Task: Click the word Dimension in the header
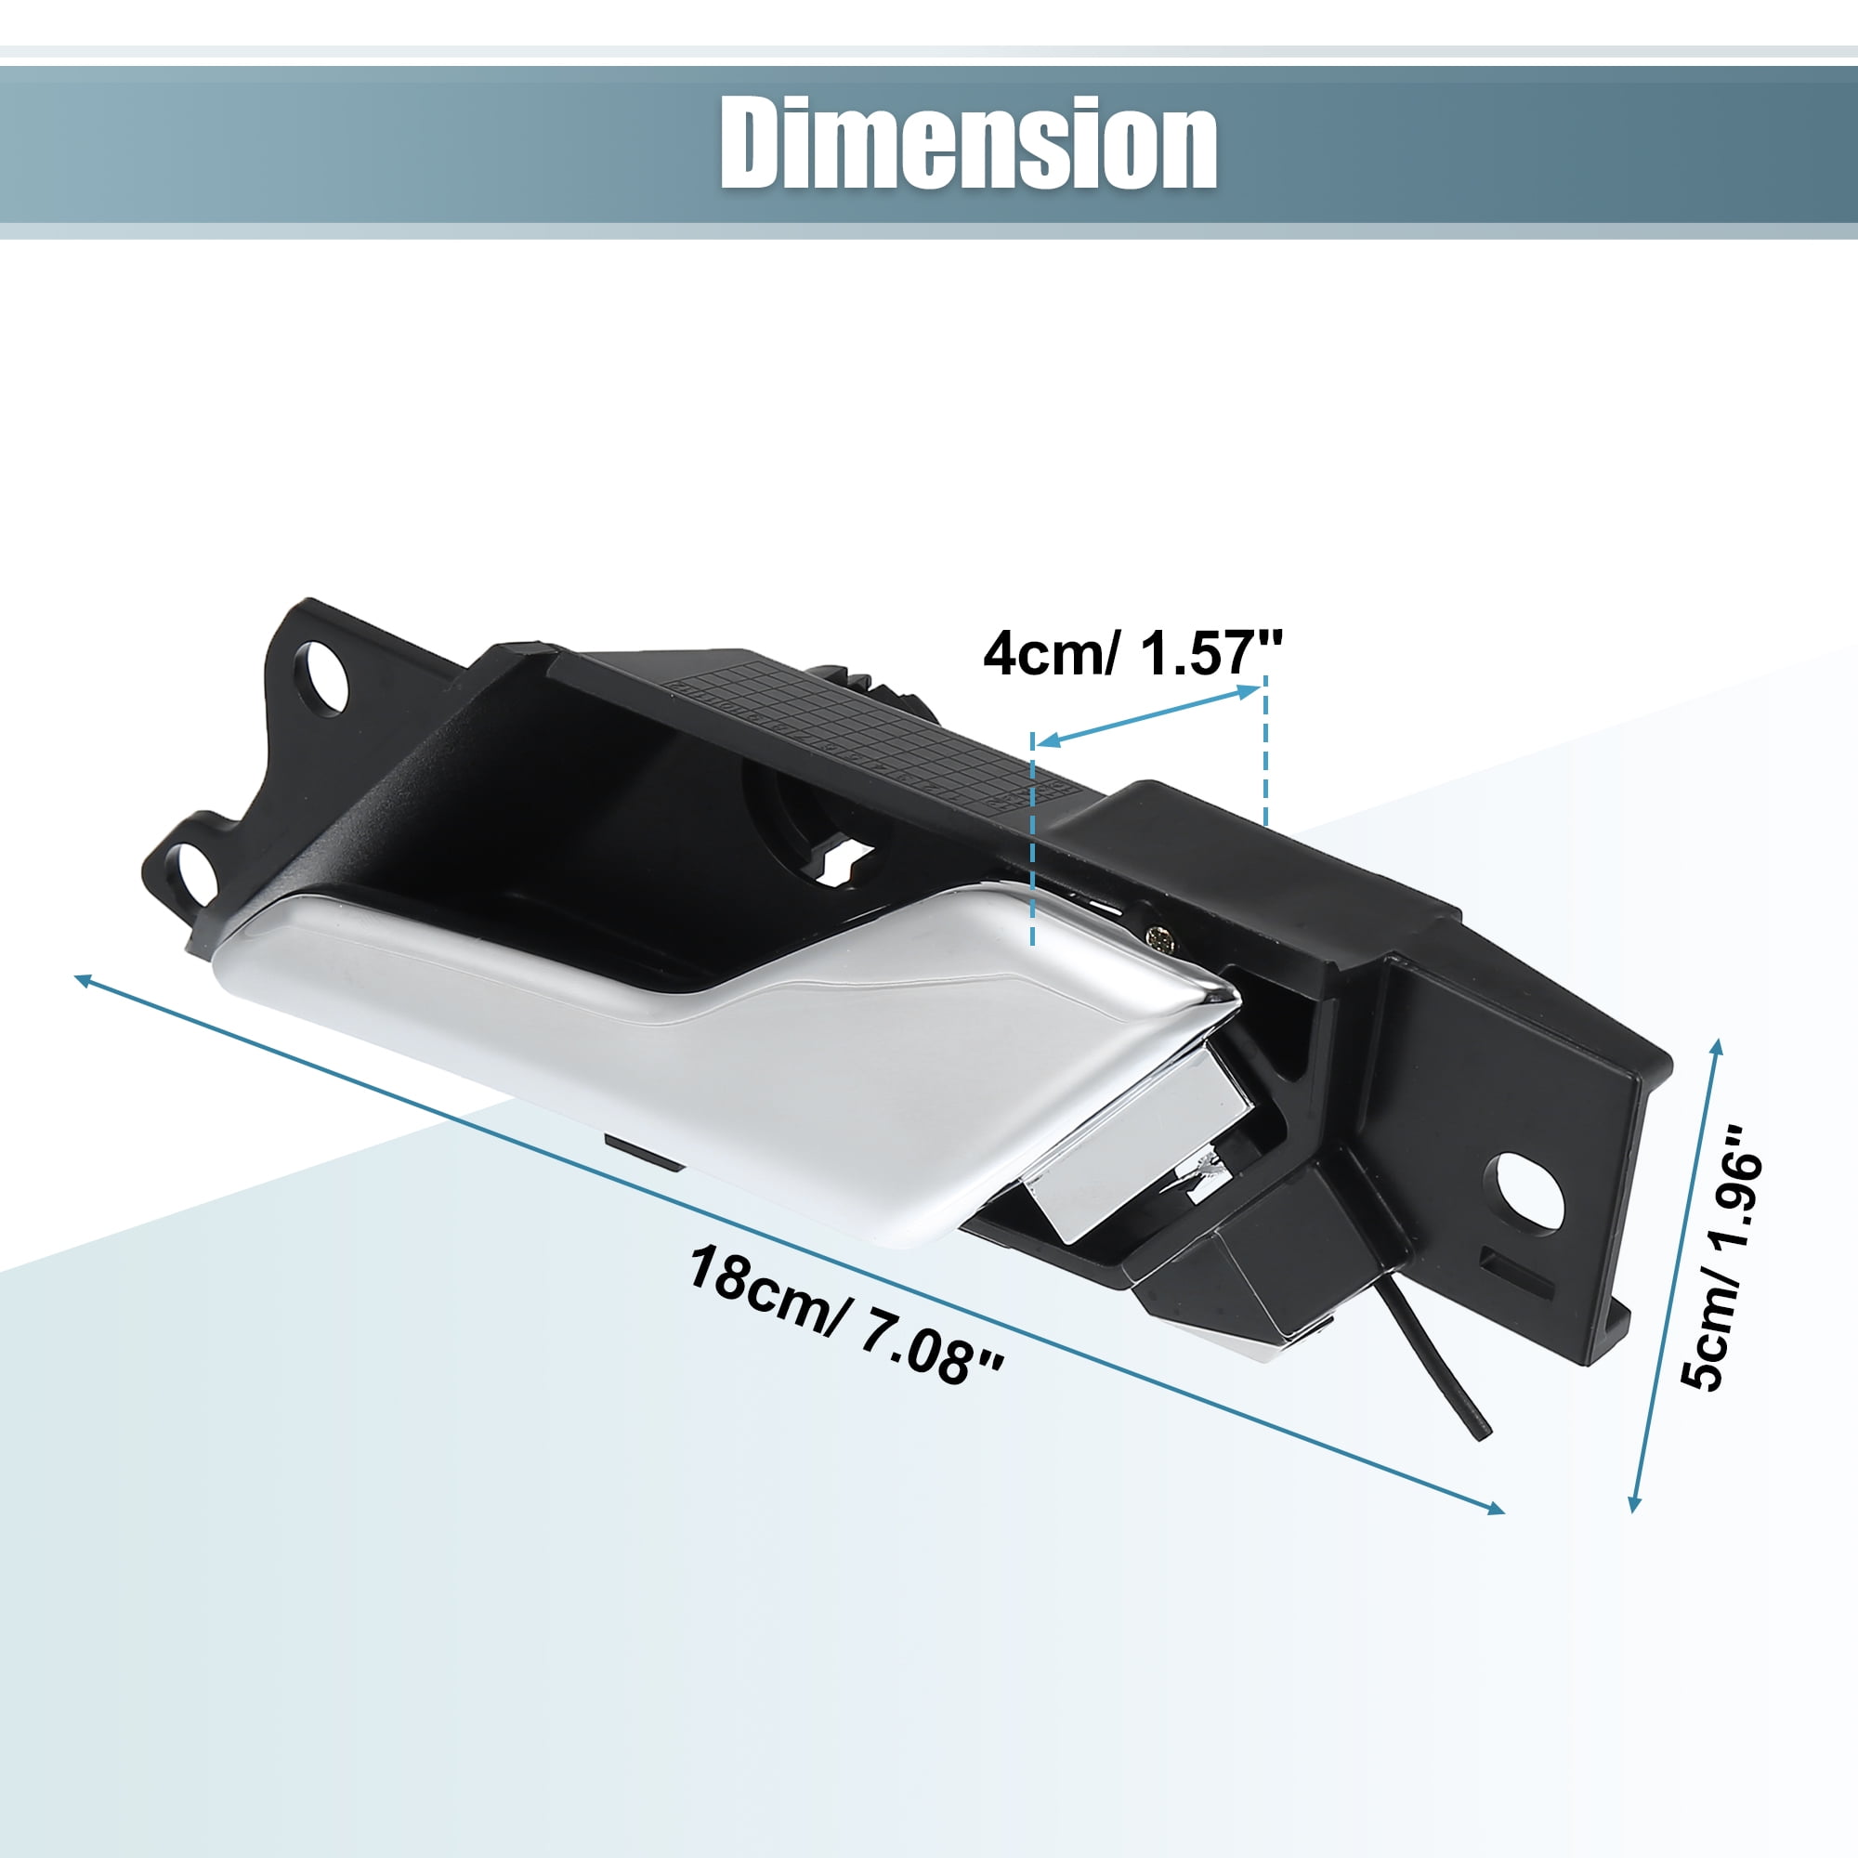pyautogui.click(x=968, y=143)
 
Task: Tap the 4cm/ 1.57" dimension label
pyautogui.click(x=1132, y=654)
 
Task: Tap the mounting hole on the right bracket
pyautogui.click(x=1527, y=1192)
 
